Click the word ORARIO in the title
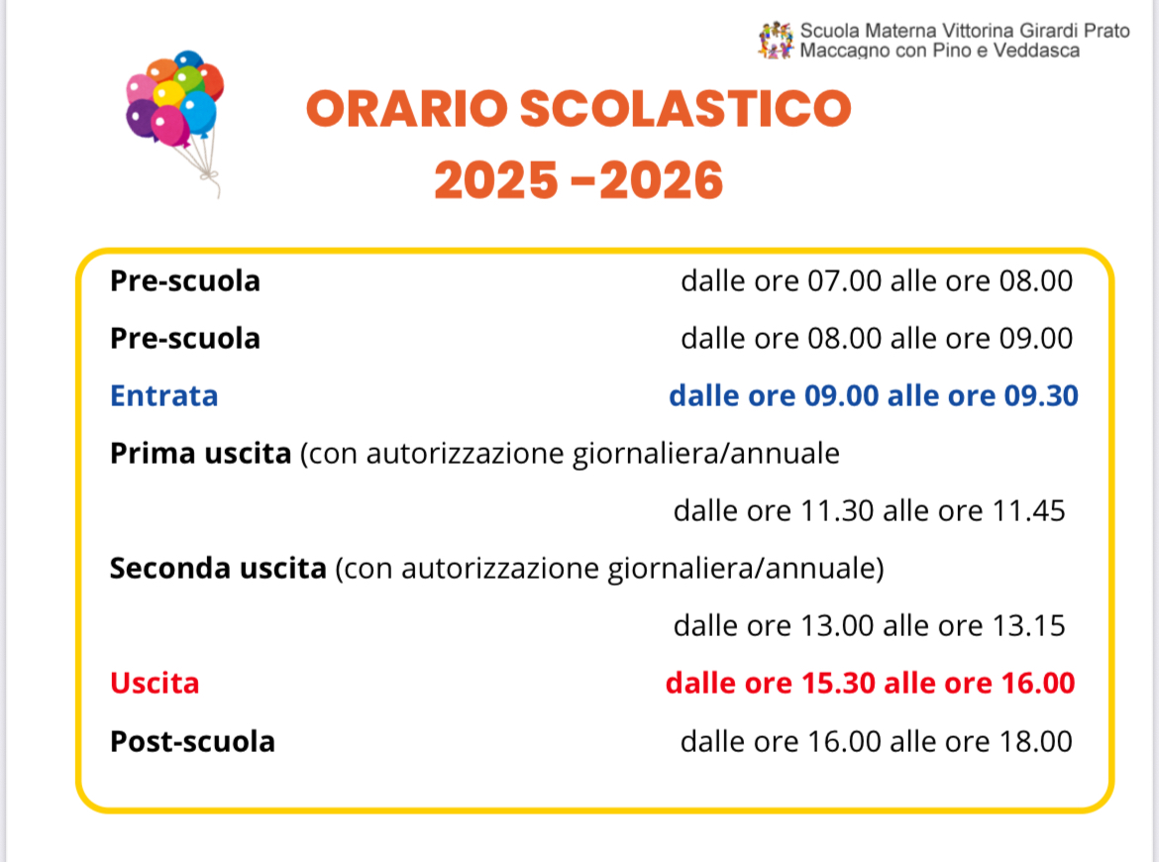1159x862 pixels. click(406, 109)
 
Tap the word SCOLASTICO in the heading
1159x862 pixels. click(685, 109)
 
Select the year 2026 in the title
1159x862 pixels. click(662, 180)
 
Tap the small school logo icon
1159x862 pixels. click(776, 41)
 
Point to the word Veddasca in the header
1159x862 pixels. click(1036, 51)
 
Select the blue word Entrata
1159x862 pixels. click(164, 396)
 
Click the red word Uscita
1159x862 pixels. click(155, 684)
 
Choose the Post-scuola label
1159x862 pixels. click(192, 741)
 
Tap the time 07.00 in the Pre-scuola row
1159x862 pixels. click(844, 281)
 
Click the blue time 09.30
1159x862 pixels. click(1041, 396)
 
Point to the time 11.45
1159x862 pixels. click(1029, 511)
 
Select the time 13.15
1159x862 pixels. click(1029, 626)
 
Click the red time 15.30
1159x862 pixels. click(839, 684)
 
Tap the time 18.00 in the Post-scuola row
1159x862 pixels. click(1035, 742)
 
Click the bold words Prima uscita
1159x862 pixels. click(200, 454)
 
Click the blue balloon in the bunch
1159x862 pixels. click(198, 113)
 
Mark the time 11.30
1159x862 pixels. click(837, 511)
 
